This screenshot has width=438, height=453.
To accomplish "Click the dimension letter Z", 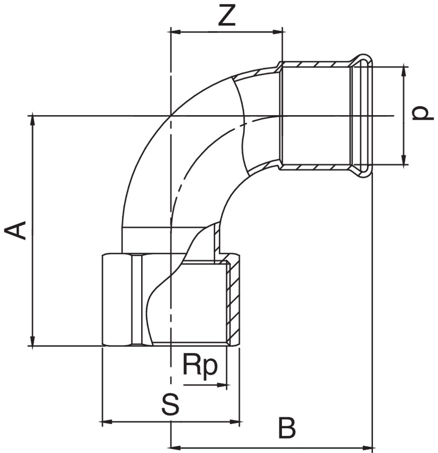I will (226, 16).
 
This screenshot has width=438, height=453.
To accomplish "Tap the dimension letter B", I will (287, 427).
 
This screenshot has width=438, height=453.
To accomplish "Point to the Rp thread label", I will (200, 365).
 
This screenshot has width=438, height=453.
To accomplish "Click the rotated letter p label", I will (420, 113).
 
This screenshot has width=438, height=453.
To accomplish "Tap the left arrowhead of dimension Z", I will (175, 31).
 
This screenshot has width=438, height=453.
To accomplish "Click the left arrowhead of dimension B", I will (175, 448).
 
